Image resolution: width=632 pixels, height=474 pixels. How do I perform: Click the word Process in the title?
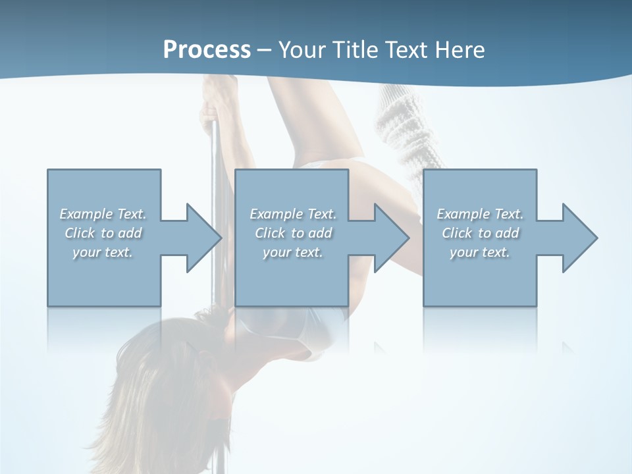[207, 49]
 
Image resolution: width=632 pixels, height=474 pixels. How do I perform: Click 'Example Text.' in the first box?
[103, 214]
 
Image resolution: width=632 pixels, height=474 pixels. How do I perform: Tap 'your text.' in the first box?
[103, 252]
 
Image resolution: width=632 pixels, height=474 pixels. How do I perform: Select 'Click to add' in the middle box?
[293, 233]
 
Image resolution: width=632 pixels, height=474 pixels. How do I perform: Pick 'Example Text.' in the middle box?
[293, 214]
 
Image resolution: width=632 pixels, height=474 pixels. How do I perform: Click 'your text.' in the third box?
[480, 252]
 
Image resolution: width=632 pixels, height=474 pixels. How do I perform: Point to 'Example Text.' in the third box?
[480, 214]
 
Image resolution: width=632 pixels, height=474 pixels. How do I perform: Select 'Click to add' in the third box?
[480, 233]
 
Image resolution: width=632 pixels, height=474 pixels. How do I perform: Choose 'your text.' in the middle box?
[293, 252]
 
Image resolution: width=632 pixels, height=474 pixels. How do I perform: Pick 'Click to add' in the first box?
[103, 233]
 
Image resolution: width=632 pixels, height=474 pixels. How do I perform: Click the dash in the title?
[265, 49]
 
